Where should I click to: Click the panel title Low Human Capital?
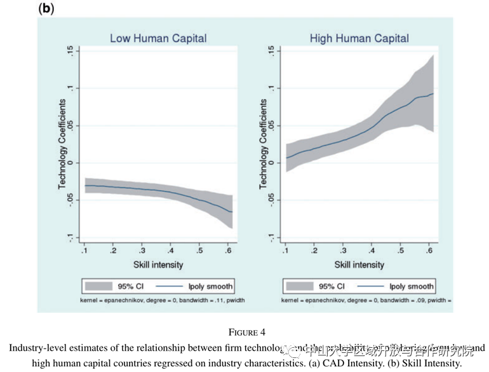tap(158, 38)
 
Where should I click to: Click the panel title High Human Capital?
tap(359, 38)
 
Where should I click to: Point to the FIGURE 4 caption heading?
tap(244, 332)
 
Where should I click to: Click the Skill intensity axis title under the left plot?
tap(157, 264)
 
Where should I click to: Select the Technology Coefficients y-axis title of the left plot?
tap(62, 144)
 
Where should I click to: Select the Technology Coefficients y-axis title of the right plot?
tap(263, 144)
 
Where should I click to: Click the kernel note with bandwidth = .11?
tap(162, 300)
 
